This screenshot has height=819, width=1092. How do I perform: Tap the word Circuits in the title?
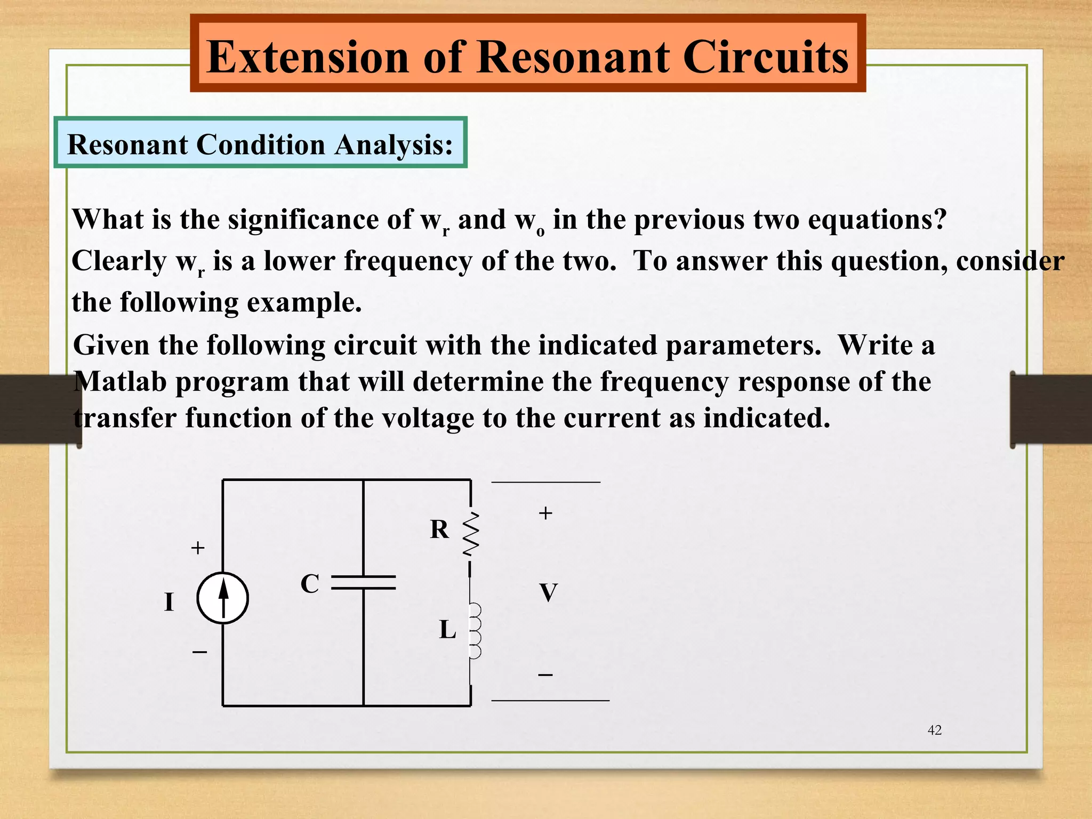[x=765, y=57]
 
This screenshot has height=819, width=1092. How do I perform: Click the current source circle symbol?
[x=223, y=598]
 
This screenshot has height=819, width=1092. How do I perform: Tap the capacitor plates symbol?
[x=364, y=582]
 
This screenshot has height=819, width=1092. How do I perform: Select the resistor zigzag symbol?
[x=471, y=533]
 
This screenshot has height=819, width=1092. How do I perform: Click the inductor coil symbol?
[x=475, y=631]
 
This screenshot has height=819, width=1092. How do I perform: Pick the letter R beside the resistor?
[x=439, y=529]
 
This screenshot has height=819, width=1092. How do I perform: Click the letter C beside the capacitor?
[x=310, y=584]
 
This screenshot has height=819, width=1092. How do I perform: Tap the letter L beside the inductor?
[x=447, y=630]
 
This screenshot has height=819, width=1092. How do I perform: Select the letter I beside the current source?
[x=169, y=603]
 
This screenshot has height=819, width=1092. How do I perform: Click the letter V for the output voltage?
[x=548, y=593]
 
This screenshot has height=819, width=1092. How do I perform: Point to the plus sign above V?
[x=545, y=513]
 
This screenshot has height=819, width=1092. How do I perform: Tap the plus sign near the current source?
[x=198, y=548]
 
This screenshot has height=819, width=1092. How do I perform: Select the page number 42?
[x=935, y=730]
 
